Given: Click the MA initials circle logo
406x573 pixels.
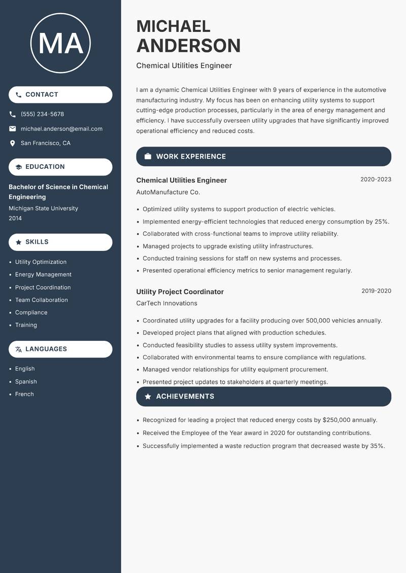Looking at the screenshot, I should [60, 43].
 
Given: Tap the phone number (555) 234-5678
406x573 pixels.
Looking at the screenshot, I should [42, 114].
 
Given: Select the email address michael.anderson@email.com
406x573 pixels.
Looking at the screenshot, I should [61, 129].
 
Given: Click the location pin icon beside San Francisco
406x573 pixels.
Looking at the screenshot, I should [13, 144].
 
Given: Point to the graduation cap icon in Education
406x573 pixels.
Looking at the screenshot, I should [18, 167].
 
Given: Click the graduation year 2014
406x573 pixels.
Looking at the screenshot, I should [15, 218].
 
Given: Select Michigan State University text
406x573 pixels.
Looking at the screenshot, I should [43, 208].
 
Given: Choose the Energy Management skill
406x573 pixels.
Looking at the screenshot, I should [43, 274].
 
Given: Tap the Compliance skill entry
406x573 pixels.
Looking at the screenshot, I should [31, 312].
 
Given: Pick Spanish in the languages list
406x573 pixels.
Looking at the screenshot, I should [26, 381].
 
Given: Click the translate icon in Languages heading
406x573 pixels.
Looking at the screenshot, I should [18, 349].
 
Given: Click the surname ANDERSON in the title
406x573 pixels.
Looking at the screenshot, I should [188, 46].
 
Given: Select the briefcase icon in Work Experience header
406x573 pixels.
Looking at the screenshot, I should [148, 157].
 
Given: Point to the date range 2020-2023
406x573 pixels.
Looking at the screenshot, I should [376, 180].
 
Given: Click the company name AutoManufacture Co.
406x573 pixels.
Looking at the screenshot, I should [168, 192].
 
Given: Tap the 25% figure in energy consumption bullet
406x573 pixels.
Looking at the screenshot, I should [381, 222].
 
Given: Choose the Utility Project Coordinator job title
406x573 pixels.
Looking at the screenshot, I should [180, 292].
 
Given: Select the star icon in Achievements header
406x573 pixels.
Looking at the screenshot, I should [148, 397].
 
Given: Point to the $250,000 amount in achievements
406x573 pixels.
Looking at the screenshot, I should [336, 420].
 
